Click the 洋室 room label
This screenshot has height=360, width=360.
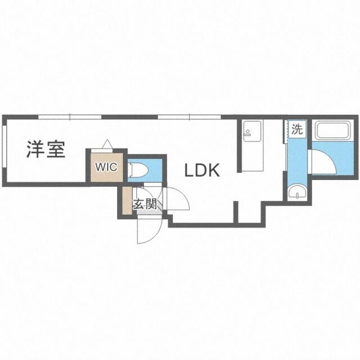[x=46, y=150]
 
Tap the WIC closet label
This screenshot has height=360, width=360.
[x=106, y=167]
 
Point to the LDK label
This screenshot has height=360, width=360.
[x=202, y=170]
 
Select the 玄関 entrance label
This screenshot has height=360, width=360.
[x=145, y=204]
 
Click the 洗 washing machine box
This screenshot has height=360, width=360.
[x=298, y=129]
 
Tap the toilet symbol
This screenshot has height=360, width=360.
[x=138, y=170]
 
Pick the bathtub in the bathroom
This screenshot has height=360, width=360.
[x=332, y=130]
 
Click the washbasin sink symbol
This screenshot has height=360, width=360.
[x=298, y=192]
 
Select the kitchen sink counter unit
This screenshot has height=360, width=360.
[x=253, y=146]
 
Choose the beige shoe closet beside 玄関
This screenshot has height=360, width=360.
[x=127, y=201]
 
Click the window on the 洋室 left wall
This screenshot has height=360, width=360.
[x=4, y=146]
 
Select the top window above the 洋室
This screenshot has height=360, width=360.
[x=70, y=117]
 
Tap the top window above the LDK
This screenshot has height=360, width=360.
[x=190, y=117]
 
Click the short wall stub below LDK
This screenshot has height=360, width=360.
[x=236, y=212]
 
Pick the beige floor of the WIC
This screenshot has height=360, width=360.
[x=107, y=167]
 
